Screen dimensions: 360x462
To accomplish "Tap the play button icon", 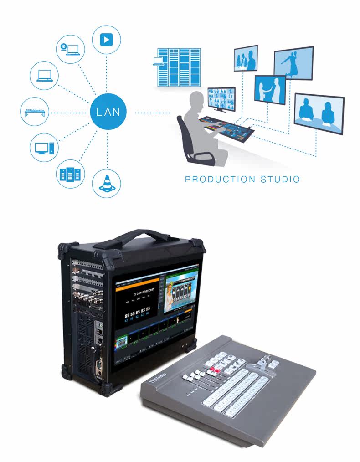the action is [106, 40].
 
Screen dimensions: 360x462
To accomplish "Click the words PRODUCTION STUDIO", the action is [242, 179].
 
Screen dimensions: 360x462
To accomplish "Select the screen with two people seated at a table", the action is [319, 114].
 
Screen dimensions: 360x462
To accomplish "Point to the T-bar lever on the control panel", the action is [263, 362].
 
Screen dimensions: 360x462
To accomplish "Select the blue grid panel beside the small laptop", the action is [178, 67].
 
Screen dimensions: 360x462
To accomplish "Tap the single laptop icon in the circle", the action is [44, 76].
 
